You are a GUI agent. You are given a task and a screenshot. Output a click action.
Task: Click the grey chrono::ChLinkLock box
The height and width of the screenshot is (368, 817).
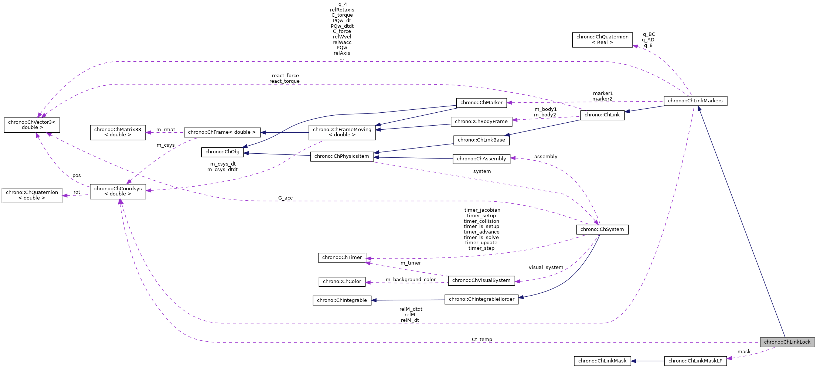point(787,342)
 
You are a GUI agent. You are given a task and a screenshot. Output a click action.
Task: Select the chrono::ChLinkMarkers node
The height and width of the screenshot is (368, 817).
point(695,101)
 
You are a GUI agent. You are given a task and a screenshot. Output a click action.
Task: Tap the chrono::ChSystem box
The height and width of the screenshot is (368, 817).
point(602,229)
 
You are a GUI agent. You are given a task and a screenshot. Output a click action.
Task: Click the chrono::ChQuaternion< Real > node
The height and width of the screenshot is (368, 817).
point(602,40)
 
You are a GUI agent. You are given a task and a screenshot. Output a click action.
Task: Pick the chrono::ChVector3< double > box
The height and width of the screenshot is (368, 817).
point(32,125)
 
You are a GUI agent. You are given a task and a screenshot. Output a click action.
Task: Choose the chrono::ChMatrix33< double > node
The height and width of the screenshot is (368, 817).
point(118,132)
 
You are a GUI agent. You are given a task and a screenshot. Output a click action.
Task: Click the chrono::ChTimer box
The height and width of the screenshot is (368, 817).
point(342,258)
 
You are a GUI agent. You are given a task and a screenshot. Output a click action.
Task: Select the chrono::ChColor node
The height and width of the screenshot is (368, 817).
point(342,282)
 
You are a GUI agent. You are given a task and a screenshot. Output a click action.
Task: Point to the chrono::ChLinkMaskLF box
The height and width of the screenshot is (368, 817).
point(695,361)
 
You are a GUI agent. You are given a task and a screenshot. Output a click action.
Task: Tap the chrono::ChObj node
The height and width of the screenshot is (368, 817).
point(222,152)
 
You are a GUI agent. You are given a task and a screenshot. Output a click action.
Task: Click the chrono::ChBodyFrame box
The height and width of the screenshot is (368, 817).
point(481,122)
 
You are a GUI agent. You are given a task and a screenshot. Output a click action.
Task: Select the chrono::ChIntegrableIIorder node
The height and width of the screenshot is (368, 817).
point(481,299)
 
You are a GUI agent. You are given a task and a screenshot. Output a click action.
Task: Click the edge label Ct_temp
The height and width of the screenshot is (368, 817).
point(482,340)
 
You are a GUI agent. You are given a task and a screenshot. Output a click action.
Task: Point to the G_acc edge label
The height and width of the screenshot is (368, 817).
point(285,198)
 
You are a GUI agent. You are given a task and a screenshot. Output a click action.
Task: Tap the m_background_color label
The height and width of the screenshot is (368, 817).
point(411,280)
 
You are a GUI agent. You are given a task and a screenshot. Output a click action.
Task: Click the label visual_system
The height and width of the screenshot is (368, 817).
point(546,268)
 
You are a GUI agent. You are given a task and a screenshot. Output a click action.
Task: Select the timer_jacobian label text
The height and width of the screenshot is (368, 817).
point(482,210)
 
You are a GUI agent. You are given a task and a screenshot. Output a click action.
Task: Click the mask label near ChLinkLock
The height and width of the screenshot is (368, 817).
point(744,352)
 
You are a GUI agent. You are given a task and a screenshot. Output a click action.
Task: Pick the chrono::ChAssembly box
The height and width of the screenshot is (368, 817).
point(481,159)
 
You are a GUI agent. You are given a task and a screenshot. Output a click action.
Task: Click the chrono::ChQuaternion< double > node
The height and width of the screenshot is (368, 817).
point(32,195)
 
